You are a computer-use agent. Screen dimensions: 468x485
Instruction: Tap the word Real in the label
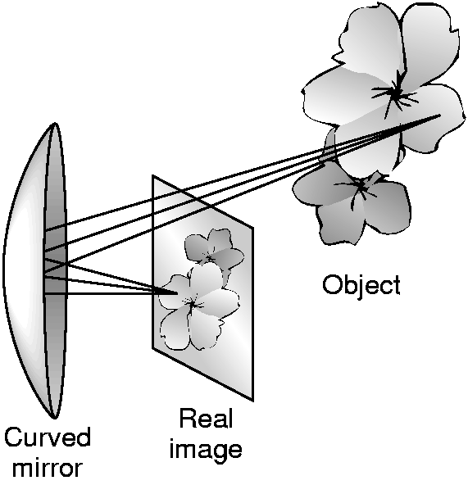[206, 419]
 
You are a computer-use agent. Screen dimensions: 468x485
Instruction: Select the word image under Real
[205, 451]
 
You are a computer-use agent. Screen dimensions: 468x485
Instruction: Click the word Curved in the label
[48, 437]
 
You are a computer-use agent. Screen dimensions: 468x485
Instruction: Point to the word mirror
[48, 469]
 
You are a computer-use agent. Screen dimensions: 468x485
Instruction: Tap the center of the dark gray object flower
[361, 187]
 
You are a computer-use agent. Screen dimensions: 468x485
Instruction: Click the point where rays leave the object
[440, 116]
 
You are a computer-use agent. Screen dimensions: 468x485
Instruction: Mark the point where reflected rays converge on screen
[177, 292]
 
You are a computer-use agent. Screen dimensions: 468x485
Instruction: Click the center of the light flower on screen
[193, 305]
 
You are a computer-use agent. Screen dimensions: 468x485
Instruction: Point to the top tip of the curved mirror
[55, 124]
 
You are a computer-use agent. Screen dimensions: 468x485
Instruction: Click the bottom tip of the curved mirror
[55, 418]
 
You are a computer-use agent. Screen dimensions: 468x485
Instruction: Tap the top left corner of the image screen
[152, 175]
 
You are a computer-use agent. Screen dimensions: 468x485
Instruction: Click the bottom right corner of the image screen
[253, 401]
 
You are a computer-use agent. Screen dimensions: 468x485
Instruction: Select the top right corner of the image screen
[253, 228]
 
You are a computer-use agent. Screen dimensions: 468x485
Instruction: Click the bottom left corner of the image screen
[152, 348]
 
